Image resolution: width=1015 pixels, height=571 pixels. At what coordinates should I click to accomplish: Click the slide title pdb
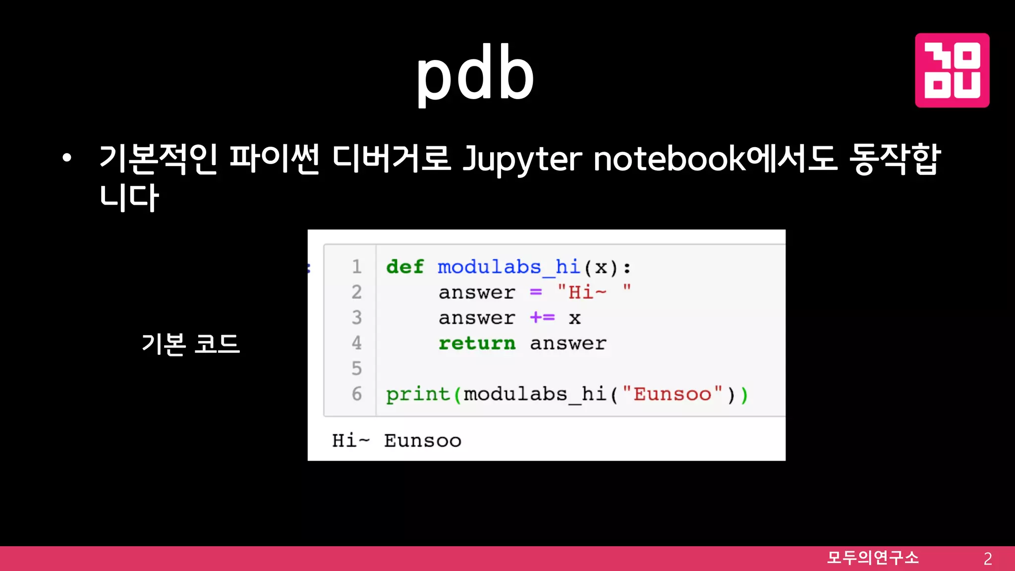(475, 74)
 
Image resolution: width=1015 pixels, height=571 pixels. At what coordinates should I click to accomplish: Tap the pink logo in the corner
(952, 70)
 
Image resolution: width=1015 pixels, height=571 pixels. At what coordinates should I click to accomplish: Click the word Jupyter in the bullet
(522, 159)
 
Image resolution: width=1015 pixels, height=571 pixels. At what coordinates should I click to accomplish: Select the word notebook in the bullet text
(669, 159)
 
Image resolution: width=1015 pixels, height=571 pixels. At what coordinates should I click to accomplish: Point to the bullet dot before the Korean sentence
(67, 159)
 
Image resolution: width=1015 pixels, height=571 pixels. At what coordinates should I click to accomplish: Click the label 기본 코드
(191, 343)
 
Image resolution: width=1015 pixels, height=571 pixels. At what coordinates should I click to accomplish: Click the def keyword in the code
(405, 267)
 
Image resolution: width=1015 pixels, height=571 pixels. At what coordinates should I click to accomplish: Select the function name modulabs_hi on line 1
(508, 268)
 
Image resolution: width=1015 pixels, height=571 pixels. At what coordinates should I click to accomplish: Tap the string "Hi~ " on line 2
(594, 292)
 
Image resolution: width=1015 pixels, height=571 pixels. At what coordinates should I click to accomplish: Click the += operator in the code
(542, 317)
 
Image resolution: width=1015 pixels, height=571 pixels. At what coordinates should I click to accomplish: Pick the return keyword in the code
(477, 343)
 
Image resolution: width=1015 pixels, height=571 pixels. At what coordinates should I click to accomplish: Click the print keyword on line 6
(418, 395)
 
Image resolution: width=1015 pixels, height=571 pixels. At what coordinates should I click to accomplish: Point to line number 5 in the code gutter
(357, 369)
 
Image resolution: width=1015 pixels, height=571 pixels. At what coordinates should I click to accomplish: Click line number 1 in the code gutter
(357, 267)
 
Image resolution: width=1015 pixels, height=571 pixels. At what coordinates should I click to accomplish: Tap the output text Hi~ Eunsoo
(396, 441)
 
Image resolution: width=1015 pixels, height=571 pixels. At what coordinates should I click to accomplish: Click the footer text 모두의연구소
(873, 558)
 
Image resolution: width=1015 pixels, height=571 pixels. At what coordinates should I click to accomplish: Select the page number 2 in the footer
(987, 559)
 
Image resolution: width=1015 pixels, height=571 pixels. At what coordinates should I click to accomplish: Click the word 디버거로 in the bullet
(391, 159)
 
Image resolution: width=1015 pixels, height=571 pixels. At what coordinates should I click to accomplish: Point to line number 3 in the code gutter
(357, 318)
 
